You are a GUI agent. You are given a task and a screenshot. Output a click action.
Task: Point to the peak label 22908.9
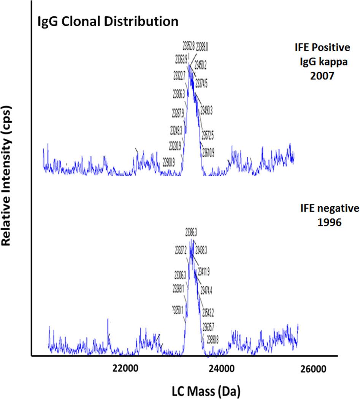(x=169, y=163)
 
